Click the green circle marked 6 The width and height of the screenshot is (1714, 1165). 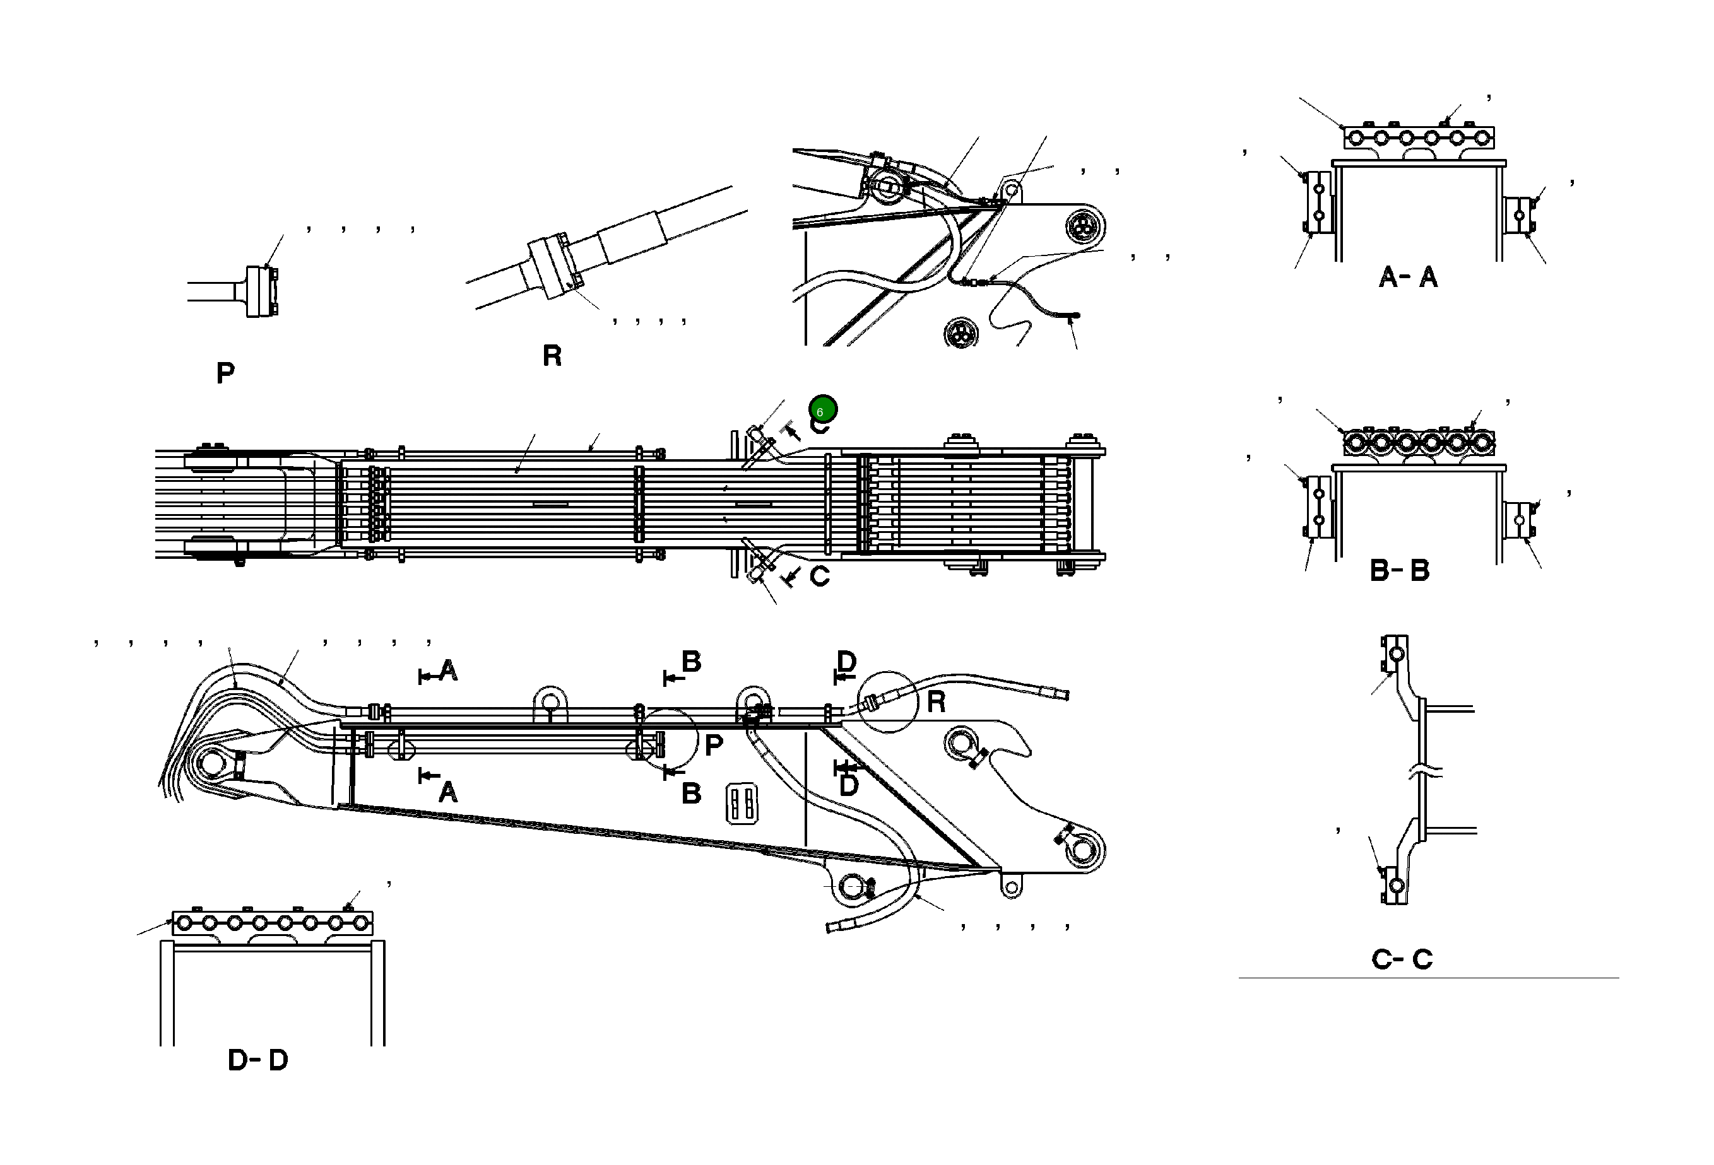click(822, 409)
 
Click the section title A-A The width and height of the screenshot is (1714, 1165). click(1407, 278)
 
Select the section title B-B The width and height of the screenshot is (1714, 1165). click(1399, 571)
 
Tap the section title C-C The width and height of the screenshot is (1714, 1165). click(1401, 959)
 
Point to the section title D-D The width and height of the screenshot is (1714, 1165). click(257, 1060)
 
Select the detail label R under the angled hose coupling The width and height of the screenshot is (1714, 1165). click(552, 356)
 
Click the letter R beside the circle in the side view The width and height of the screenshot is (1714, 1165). click(936, 702)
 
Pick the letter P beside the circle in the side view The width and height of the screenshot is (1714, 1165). click(713, 746)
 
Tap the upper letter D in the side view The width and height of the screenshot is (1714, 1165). click(847, 662)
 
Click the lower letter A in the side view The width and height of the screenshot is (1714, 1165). click(447, 793)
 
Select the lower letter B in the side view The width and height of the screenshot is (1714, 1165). click(691, 793)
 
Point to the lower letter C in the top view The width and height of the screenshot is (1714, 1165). click(819, 577)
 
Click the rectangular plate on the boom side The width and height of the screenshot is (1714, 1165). click(742, 804)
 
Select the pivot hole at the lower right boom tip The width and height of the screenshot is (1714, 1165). click(1082, 850)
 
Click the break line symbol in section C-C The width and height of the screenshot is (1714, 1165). click(1424, 773)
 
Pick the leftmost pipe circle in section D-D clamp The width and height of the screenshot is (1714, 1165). click(184, 922)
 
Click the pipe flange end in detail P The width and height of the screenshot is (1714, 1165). click(262, 291)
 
